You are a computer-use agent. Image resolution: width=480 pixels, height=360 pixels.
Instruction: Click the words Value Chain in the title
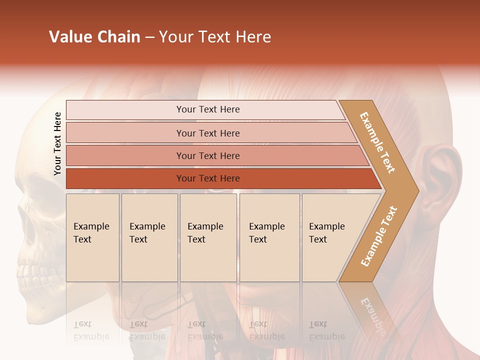click(94, 37)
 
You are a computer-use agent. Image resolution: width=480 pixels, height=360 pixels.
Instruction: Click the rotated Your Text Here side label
click(58, 144)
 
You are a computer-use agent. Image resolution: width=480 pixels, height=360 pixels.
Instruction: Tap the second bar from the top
click(208, 133)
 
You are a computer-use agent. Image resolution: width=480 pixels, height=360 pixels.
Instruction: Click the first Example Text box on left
click(92, 237)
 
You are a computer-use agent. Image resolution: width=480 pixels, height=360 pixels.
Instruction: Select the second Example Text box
click(149, 237)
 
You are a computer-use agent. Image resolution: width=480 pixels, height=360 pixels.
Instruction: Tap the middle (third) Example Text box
click(208, 237)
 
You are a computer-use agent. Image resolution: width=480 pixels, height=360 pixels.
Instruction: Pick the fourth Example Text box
click(269, 237)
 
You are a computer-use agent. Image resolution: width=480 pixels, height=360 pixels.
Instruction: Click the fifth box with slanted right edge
click(330, 237)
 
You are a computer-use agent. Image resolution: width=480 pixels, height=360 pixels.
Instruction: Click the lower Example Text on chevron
click(378, 236)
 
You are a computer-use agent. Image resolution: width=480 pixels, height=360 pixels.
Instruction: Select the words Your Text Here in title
click(215, 37)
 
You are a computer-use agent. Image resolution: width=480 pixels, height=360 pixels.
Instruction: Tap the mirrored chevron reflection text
click(373, 313)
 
